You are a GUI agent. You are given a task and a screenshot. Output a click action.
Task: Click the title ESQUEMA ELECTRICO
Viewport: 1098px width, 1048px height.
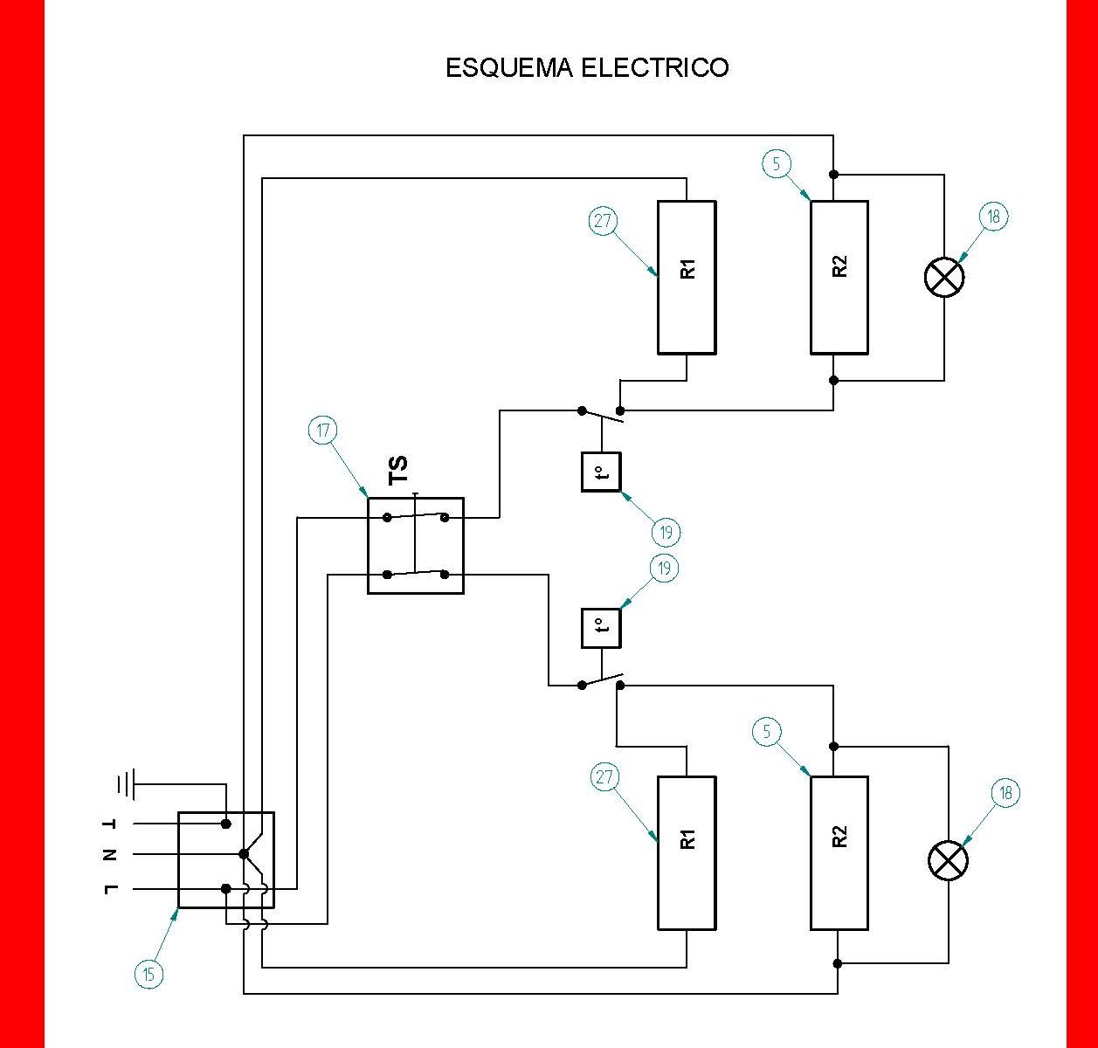tap(587, 68)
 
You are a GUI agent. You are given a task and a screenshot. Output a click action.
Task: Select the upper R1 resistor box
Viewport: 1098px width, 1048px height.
tap(687, 278)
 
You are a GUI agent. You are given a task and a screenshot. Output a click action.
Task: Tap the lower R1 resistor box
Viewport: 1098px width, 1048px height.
tap(687, 852)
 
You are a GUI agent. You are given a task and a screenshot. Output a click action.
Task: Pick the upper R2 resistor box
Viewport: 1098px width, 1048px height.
tap(839, 278)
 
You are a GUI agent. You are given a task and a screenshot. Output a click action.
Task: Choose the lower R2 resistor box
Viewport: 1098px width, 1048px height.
tap(839, 852)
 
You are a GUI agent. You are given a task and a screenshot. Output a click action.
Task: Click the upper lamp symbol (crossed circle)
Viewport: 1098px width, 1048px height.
tap(944, 278)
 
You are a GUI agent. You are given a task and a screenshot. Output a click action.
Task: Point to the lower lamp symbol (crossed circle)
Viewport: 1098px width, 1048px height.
tap(948, 861)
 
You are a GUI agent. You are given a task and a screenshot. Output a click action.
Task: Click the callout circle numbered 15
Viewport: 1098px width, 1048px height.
tap(149, 974)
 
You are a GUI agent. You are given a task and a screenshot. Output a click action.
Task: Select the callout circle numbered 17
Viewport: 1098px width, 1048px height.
tap(323, 431)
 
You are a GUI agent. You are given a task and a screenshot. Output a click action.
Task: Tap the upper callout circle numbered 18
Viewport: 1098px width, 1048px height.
tap(994, 216)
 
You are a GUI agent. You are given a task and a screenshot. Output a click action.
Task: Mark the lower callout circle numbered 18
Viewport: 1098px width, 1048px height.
tap(1005, 793)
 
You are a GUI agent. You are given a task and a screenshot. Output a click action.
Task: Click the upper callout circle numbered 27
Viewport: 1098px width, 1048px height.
tap(603, 221)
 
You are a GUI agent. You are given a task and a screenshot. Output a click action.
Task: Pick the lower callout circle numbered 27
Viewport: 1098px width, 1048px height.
tap(605, 777)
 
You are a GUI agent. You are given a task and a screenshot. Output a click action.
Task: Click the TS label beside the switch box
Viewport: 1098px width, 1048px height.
tap(398, 471)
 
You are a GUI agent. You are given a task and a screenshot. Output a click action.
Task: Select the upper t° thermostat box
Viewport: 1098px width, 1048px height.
tap(601, 472)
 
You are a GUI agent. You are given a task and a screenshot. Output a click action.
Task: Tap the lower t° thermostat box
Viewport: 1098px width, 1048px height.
tap(601, 628)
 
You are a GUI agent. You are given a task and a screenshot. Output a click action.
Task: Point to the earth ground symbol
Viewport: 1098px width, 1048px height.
tap(125, 784)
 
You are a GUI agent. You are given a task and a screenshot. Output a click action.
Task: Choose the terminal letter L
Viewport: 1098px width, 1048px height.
tap(110, 889)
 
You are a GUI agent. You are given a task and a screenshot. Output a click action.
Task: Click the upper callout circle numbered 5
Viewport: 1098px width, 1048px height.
tap(777, 163)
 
